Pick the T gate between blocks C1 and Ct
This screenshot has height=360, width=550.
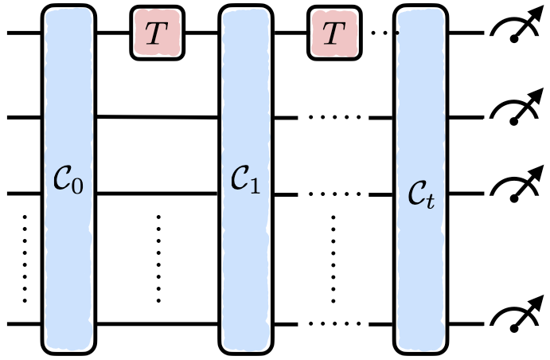point(334,34)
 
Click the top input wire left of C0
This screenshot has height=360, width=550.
point(24,34)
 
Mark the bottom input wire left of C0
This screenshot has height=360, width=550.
point(24,324)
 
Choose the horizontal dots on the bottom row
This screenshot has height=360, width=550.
point(334,324)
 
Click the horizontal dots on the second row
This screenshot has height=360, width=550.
point(334,118)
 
